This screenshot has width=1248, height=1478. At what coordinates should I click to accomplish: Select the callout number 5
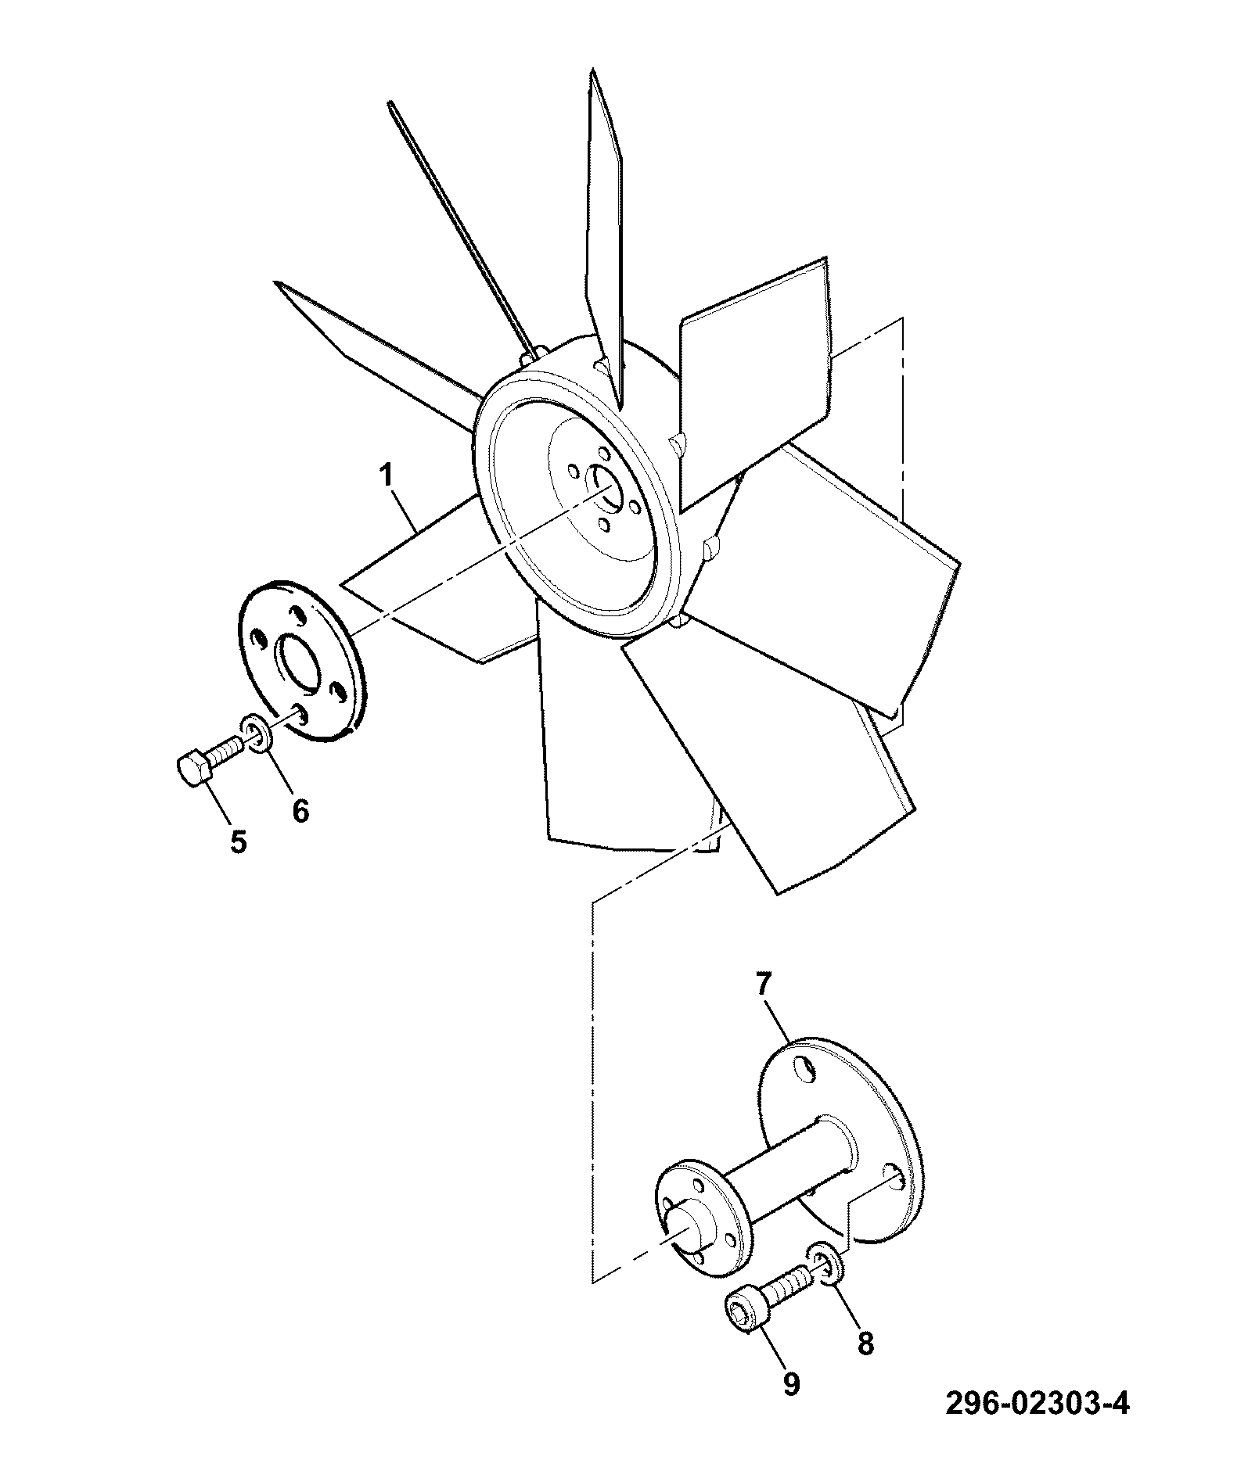[239, 841]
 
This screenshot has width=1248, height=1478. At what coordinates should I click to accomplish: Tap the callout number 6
[300, 809]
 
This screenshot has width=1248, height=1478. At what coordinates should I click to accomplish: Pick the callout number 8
[865, 1342]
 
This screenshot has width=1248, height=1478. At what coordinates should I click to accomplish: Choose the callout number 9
[791, 1383]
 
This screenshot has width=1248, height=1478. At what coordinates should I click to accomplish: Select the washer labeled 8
[828, 1285]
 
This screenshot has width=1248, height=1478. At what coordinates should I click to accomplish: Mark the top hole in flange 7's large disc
[802, 1067]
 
